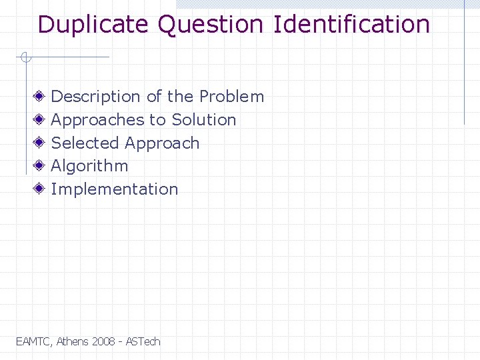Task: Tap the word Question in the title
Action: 211,25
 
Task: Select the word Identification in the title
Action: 352,25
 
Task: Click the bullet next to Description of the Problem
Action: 41,97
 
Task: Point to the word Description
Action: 96,97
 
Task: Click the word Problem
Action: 231,97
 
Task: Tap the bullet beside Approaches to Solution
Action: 41,120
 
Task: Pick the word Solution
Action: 203,120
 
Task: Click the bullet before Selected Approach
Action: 41,143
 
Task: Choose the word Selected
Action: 85,143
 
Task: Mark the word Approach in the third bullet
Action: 162,143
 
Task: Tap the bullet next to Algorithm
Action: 41,166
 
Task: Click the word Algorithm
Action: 89,166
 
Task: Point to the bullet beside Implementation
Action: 41,189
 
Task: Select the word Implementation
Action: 115,189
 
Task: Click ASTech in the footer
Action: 143,341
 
